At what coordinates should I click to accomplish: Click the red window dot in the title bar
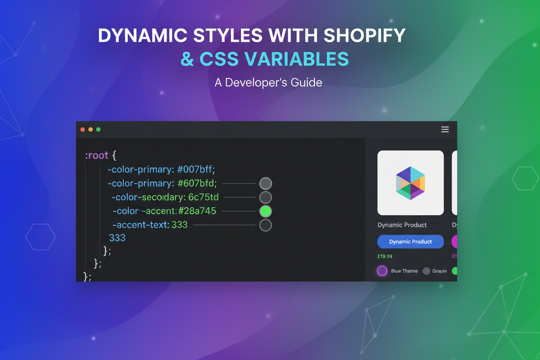tap(82, 130)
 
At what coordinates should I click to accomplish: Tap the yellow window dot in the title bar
tap(90, 130)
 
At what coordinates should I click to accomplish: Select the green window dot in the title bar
tap(98, 130)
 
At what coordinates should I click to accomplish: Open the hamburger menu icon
tap(445, 130)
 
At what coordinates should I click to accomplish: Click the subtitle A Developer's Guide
tap(268, 83)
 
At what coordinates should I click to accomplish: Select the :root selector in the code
tap(96, 155)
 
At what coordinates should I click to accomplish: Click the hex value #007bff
tap(196, 169)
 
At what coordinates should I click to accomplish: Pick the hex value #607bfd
tap(197, 184)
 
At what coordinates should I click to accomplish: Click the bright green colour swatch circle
tap(266, 211)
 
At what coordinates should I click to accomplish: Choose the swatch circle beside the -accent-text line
tap(266, 225)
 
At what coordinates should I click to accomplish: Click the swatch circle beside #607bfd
tap(266, 184)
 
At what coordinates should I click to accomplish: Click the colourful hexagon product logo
tap(410, 183)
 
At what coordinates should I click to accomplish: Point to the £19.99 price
tap(385, 256)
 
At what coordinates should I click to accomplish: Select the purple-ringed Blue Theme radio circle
tap(382, 271)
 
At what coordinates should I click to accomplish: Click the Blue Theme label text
tap(404, 271)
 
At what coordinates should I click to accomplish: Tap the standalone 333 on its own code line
tap(117, 238)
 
